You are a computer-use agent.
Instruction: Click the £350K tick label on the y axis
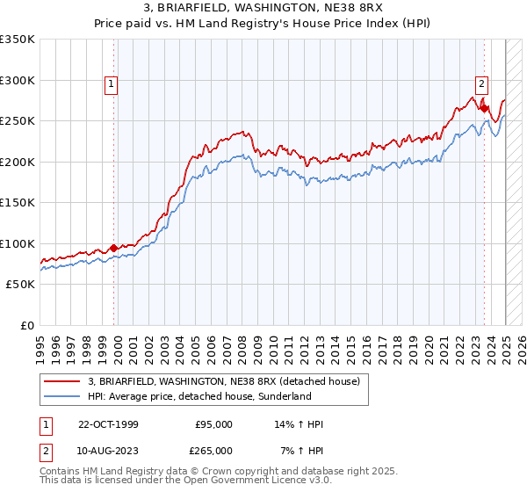coord(18,40)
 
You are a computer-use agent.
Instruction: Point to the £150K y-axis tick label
coord(18,203)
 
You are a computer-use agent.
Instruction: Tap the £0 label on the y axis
coord(26,325)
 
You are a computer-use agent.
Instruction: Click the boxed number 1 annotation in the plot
coord(112,84)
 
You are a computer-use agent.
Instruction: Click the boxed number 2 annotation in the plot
coord(482,84)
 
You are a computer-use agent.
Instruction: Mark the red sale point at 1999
coord(114,248)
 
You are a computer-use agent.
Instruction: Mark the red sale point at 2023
coord(484,108)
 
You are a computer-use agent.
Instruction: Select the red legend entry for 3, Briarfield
coord(223,381)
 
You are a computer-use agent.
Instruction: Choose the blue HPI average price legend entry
coord(199,396)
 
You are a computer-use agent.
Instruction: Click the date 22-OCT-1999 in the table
coord(108,424)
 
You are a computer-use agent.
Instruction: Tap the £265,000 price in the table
coord(213,450)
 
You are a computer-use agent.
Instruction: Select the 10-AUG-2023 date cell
coord(108,450)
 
